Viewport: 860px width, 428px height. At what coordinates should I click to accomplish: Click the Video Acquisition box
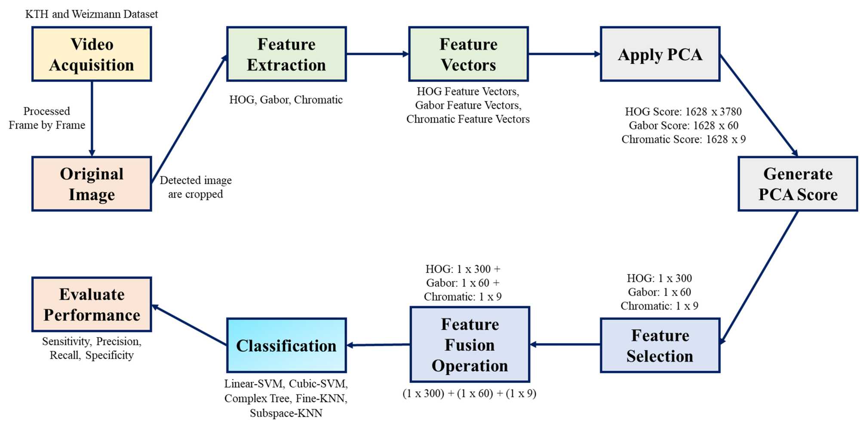[92, 54]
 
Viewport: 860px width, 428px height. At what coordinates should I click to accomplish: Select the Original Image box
[92, 184]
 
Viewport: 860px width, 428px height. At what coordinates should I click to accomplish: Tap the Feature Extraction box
[286, 54]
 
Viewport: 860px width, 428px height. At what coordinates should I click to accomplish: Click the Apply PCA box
[660, 54]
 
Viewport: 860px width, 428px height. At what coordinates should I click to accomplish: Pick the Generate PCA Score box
[798, 184]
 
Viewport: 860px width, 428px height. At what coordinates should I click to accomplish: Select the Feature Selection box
[660, 345]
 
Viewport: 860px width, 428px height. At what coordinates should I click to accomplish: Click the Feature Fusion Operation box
[470, 345]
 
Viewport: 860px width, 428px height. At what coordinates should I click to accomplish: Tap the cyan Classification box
[286, 345]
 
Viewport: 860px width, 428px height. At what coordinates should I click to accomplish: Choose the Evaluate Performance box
[92, 305]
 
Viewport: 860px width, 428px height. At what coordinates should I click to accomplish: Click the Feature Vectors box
[468, 54]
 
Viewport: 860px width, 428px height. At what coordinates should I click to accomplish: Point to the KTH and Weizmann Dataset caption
[92, 14]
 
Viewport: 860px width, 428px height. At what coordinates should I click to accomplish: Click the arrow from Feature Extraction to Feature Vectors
[377, 54]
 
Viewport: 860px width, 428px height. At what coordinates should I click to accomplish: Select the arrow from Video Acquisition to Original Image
[92, 118]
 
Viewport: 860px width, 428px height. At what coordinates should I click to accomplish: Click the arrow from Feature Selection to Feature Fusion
[565, 345]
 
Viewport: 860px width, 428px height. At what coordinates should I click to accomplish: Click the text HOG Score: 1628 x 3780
[683, 112]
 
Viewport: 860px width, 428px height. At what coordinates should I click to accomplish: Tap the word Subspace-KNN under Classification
[286, 413]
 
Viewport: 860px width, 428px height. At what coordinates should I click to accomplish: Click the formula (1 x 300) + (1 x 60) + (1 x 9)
[469, 394]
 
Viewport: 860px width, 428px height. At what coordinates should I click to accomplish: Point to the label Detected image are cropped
[196, 187]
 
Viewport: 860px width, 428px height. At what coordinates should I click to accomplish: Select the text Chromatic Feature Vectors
[468, 119]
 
